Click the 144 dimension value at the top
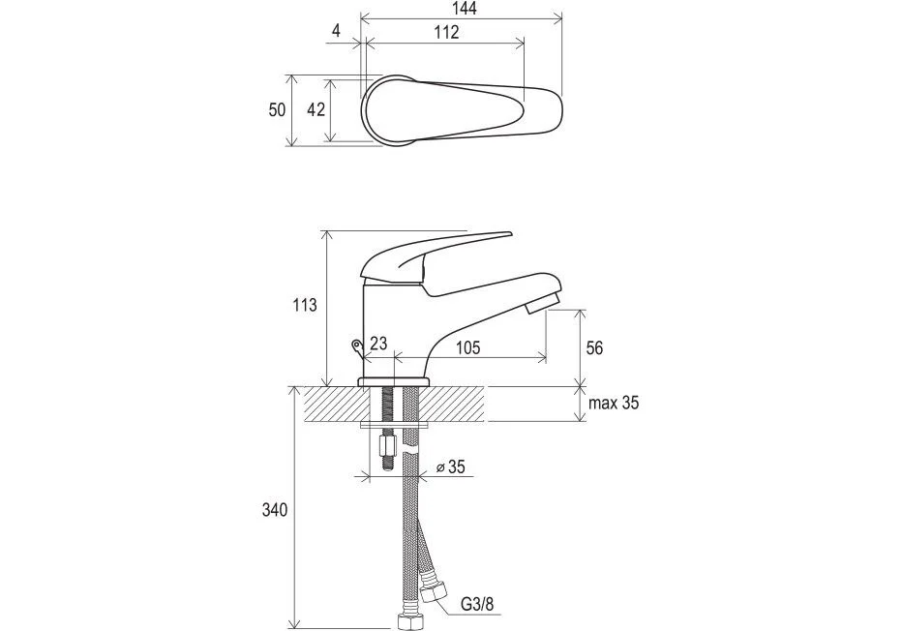465,9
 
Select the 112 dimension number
446,32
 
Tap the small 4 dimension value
337,31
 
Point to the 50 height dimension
277,109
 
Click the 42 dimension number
316,109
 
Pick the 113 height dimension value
304,305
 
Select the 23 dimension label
378,344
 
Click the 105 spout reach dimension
467,348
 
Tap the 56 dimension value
594,348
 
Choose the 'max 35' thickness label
614,403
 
